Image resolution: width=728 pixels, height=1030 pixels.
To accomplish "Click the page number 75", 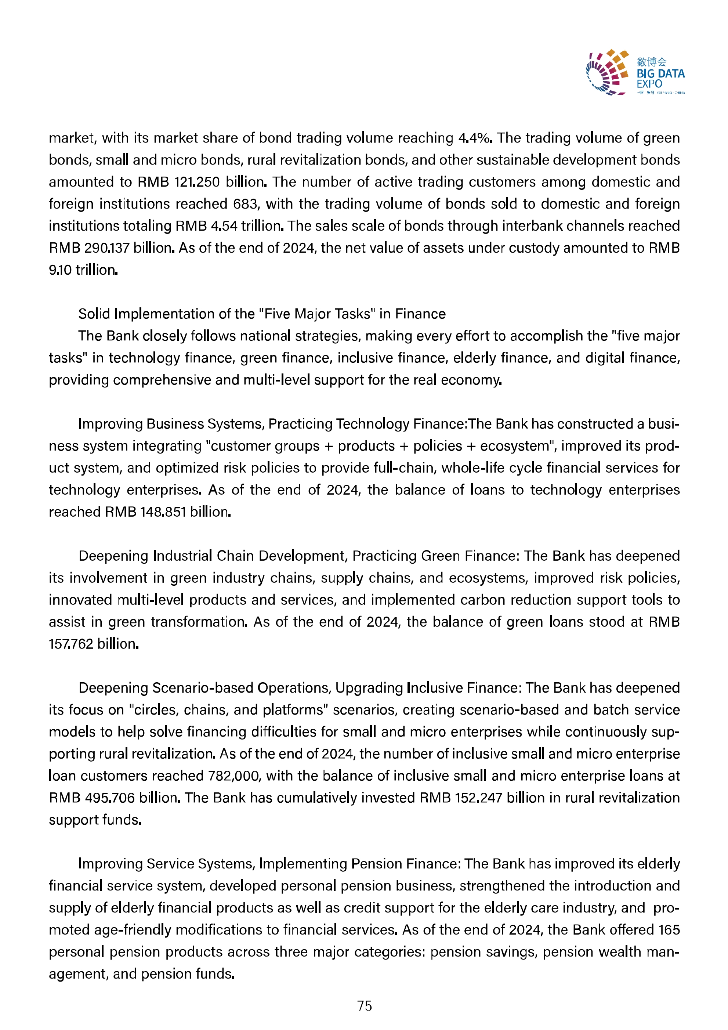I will pos(364,1006).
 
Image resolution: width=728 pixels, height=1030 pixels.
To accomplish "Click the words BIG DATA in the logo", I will pos(660,73).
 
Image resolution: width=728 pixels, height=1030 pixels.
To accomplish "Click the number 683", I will pos(245,204).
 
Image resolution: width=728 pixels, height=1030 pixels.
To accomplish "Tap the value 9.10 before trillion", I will pos(60,270).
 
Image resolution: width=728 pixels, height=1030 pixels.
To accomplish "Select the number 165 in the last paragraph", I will pos(669,929).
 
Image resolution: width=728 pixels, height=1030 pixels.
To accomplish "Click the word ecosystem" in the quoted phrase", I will pos(518,445).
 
